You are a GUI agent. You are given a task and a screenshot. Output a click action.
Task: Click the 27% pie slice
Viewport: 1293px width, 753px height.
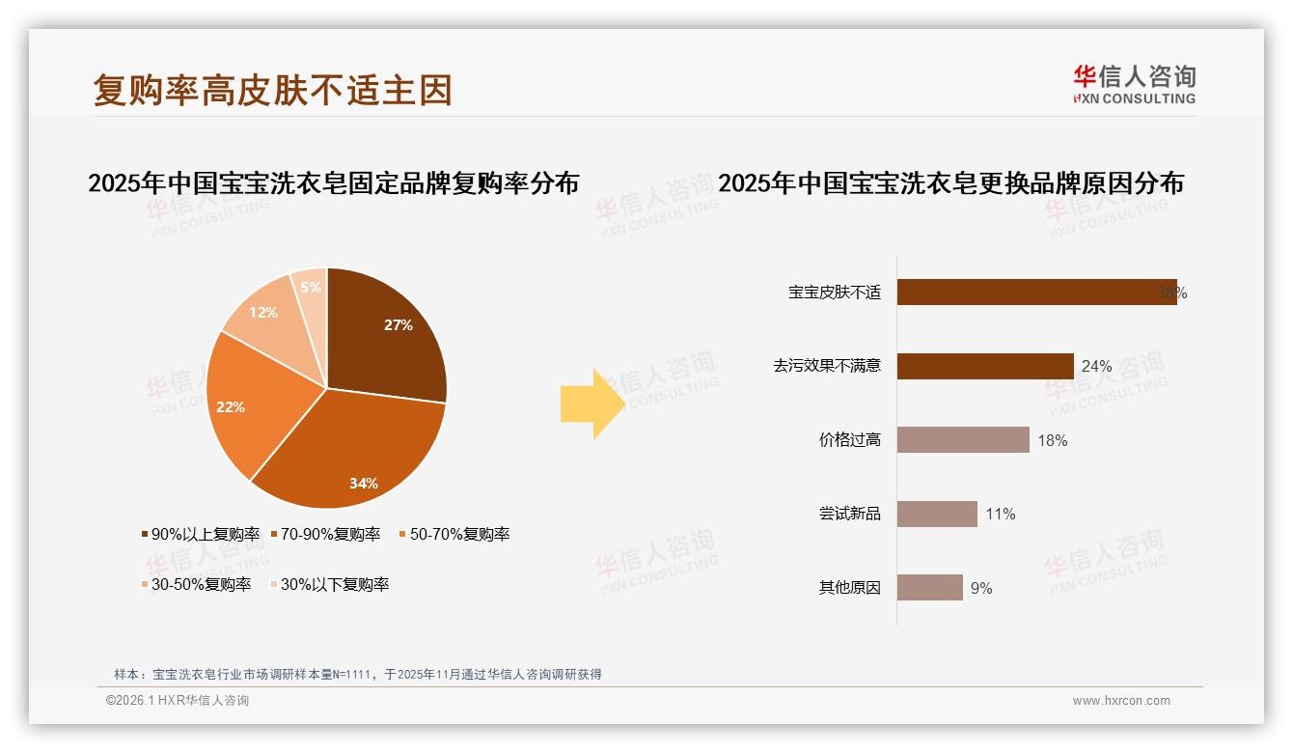(386, 333)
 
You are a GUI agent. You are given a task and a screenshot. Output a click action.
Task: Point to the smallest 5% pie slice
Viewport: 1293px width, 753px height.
(311, 288)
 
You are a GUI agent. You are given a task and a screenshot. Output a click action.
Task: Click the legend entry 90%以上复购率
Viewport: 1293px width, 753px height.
(201, 534)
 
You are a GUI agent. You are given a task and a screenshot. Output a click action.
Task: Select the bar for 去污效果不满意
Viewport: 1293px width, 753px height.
(984, 366)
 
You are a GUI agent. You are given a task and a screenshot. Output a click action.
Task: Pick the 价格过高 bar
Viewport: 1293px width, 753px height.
(962, 440)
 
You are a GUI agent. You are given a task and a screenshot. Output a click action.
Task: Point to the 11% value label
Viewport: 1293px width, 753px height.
(1001, 515)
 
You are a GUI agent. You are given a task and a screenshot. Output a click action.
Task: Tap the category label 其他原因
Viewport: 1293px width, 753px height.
(849, 588)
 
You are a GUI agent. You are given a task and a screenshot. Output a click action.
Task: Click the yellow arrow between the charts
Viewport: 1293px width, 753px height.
(592, 404)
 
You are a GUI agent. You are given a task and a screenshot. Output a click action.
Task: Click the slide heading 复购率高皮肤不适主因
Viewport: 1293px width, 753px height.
(272, 91)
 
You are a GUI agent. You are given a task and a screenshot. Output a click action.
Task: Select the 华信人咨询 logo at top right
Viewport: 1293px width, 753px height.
(1134, 84)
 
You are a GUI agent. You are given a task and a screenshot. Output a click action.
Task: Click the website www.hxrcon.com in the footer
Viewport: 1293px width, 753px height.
(1121, 701)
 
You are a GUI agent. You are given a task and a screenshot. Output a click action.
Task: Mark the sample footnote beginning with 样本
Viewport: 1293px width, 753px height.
(357, 674)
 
